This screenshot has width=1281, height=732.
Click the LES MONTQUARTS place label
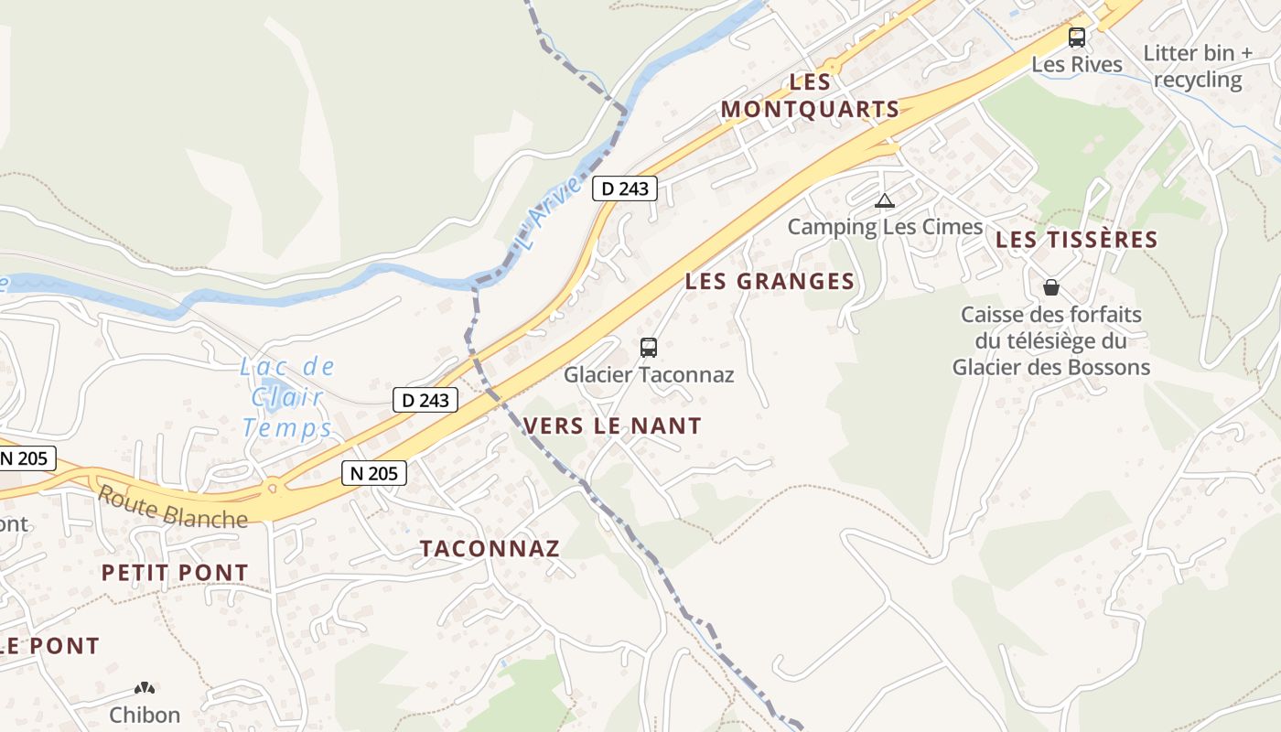coord(810,95)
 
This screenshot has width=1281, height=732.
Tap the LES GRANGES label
coord(770,281)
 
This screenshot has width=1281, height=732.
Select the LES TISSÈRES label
coord(1076,240)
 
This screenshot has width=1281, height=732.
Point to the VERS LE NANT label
coord(612,425)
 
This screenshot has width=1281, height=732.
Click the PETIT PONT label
coord(175,573)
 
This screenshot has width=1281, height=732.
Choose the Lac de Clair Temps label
coord(286,397)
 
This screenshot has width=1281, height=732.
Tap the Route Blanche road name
coord(172,507)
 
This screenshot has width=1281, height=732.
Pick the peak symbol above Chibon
coord(145,688)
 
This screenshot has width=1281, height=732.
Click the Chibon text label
coord(145,715)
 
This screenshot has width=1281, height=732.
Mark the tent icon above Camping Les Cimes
coord(884,201)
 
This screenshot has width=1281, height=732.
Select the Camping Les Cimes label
coord(885,226)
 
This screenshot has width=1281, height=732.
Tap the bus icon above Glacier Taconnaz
coord(649,348)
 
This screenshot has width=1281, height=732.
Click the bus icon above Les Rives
coord(1077,38)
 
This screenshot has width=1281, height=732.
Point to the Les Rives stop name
coord(1077,64)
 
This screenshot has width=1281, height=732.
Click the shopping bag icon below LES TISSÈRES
coord(1051,287)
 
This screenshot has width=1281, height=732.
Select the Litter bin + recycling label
coord(1198,66)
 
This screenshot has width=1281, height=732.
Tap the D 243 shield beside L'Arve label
coord(625,188)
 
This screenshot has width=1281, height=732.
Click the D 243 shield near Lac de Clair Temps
coord(425,400)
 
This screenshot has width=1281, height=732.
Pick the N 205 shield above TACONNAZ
coord(374,473)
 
